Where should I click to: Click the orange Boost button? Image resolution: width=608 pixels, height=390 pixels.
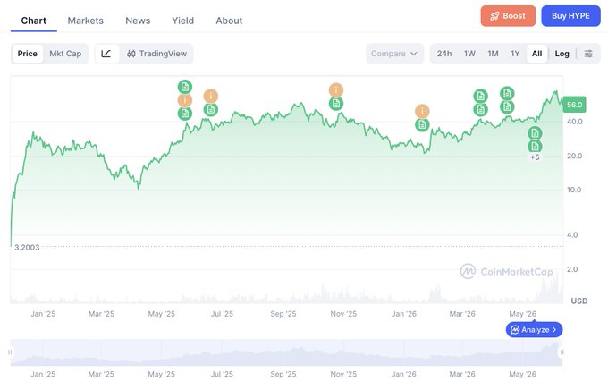tap(508, 16)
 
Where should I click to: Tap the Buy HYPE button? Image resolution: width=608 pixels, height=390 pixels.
tap(570, 16)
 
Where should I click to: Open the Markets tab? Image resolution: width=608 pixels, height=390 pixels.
tap(85, 21)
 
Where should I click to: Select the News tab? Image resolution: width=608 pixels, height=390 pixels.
tap(138, 21)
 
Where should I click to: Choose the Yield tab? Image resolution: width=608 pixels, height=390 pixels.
tap(182, 21)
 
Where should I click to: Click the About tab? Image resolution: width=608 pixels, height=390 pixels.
tap(229, 21)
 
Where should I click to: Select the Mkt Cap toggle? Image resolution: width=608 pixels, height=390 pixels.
tap(65, 54)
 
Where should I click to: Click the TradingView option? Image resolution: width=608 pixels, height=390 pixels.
tap(156, 54)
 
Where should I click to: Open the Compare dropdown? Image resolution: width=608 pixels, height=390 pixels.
tap(394, 54)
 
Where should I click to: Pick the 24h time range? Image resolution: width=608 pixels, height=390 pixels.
tap(444, 54)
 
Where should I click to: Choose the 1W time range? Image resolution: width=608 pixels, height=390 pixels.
tap(469, 54)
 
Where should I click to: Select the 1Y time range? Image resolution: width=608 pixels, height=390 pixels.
tap(515, 54)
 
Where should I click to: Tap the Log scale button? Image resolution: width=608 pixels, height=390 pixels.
tap(562, 54)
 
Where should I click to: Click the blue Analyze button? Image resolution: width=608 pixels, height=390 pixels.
tap(534, 330)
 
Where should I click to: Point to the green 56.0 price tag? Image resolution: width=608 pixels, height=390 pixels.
tap(574, 105)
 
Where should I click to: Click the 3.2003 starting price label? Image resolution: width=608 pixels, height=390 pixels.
tap(27, 248)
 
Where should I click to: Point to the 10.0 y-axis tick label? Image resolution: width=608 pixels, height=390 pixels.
tap(574, 190)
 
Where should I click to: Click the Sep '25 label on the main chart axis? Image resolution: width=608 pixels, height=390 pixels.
tap(283, 314)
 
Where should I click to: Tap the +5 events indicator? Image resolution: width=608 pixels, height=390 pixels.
tap(535, 157)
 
